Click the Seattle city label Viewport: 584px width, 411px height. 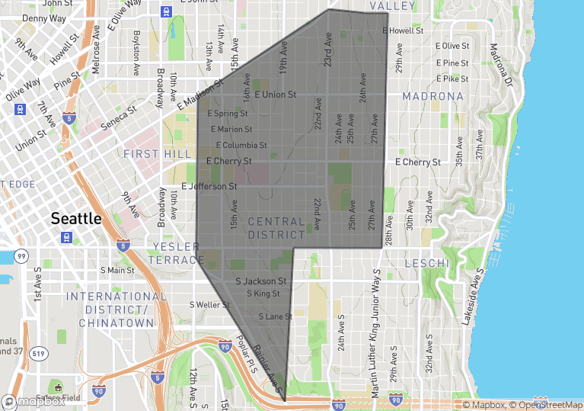pos(75,218)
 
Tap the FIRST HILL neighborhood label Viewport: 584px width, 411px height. pos(152,154)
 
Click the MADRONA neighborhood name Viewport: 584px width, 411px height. pos(432,97)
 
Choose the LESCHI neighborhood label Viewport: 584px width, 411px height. pos(428,263)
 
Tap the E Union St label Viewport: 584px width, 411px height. pos(275,95)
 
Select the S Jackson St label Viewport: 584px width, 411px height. pos(260,281)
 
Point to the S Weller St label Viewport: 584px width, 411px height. pos(209,305)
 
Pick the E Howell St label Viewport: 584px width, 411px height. pos(403,31)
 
